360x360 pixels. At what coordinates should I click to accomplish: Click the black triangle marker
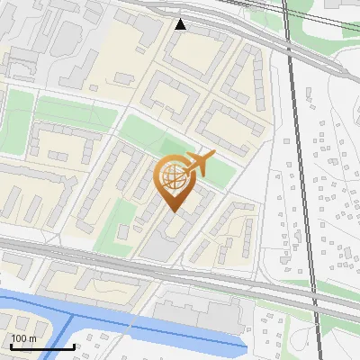(x=181, y=24)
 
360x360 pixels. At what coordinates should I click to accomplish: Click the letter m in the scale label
(x=33, y=338)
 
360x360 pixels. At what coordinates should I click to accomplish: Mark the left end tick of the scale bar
(x=11, y=346)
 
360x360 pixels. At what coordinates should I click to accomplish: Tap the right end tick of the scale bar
(x=74, y=346)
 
